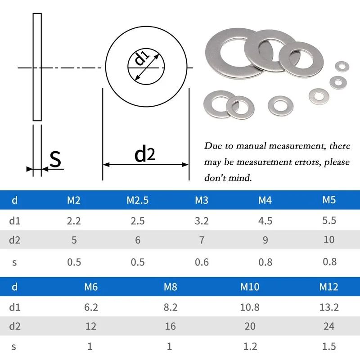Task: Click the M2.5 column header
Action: click(138, 200)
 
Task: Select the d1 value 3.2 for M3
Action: click(202, 220)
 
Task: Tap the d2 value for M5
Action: click(329, 239)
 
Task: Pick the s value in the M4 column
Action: click(265, 261)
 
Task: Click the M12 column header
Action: click(329, 287)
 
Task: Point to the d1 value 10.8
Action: click(250, 307)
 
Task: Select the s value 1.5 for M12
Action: click(329, 346)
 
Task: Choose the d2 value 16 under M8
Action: click(170, 326)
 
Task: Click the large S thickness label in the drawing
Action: click(55, 159)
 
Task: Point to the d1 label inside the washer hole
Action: click(142, 58)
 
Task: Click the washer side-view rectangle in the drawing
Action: click(37, 67)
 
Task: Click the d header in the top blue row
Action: click(14, 200)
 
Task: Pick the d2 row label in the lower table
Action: click(14, 326)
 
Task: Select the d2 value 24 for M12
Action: click(329, 326)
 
